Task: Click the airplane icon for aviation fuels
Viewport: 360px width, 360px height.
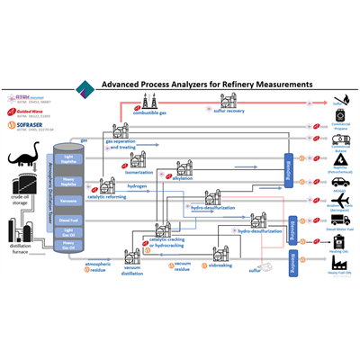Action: [340, 200]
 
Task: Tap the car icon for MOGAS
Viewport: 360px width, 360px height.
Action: [340, 181]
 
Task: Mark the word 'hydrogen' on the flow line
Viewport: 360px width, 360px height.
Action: [138, 185]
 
